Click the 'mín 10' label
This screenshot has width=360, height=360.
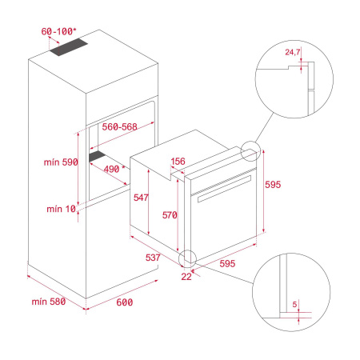[62, 210]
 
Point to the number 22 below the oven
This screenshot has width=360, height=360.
[187, 276]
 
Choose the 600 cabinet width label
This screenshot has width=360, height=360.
[124, 302]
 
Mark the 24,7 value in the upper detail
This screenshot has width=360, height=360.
[294, 54]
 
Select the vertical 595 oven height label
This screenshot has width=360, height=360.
[274, 185]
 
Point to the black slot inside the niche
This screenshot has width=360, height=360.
[99, 157]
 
